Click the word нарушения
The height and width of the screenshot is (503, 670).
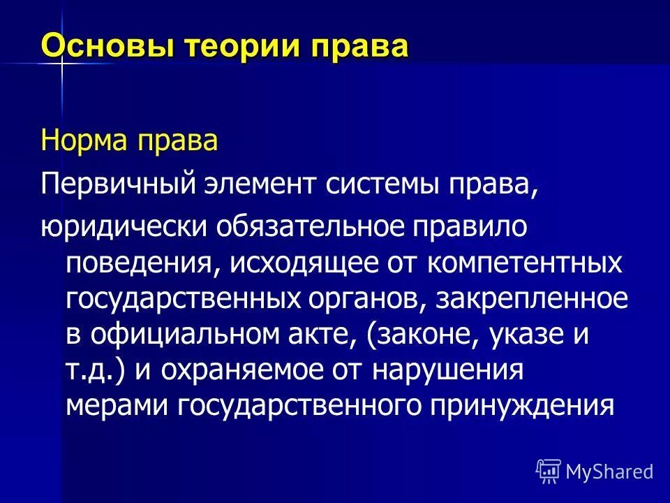[x=447, y=370]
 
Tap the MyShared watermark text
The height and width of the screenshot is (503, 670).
[x=609, y=472]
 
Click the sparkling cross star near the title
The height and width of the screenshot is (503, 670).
[x=61, y=64]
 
